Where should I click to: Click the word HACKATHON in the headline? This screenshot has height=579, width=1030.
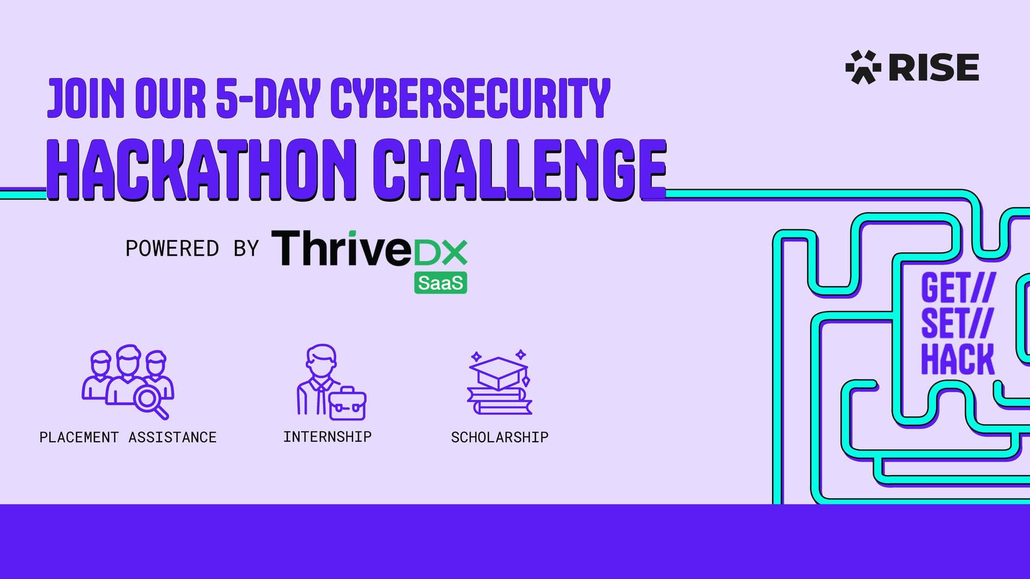pyautogui.click(x=201, y=169)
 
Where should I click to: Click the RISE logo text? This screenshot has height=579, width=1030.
pyautogui.click(x=934, y=67)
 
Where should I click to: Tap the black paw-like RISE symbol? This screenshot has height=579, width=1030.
pyautogui.click(x=863, y=67)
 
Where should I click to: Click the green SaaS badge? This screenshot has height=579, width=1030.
pyautogui.click(x=440, y=283)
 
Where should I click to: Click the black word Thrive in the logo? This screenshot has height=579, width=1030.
pyautogui.click(x=342, y=248)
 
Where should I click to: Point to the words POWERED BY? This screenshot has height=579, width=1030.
pyautogui.click(x=192, y=249)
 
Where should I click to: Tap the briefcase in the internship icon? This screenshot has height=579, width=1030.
pyautogui.click(x=347, y=403)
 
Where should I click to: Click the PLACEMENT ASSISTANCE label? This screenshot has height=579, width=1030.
pyautogui.click(x=128, y=437)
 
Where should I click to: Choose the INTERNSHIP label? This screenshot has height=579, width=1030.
pyautogui.click(x=327, y=437)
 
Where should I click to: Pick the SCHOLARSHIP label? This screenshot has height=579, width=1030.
pyautogui.click(x=499, y=437)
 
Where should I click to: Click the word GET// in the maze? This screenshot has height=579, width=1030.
pyautogui.click(x=958, y=288)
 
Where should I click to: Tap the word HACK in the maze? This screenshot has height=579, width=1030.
pyautogui.click(x=958, y=359)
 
